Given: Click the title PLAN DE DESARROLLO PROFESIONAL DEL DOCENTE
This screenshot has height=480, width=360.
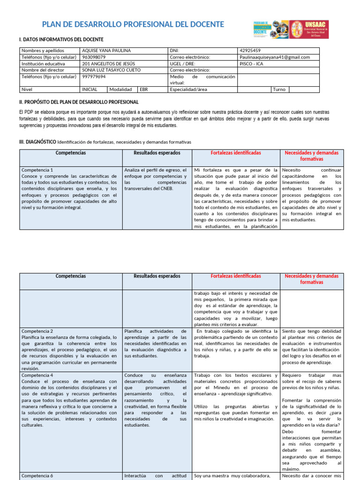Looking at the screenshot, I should click(x=133, y=24).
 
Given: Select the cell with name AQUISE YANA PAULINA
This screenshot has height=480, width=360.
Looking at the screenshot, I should click(x=106, y=51).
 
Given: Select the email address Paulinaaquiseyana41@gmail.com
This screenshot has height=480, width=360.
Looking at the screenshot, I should click(x=274, y=57).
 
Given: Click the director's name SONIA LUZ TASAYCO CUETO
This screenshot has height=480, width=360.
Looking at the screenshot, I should click(x=111, y=70).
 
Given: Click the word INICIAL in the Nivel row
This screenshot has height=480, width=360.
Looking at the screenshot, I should click(x=90, y=89).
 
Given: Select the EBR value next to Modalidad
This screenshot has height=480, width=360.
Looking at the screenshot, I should click(x=143, y=89).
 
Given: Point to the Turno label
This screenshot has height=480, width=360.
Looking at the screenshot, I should click(x=279, y=89).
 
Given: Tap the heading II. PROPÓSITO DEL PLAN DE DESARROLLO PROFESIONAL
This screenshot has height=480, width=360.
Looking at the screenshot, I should click(x=78, y=102).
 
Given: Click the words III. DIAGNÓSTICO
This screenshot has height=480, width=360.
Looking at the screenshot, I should click(x=37, y=142).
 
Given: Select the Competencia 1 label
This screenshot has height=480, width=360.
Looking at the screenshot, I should click(x=37, y=170).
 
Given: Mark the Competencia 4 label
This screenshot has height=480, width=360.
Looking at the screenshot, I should click(x=37, y=375).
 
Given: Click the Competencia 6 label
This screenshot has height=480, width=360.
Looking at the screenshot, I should click(x=37, y=476).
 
